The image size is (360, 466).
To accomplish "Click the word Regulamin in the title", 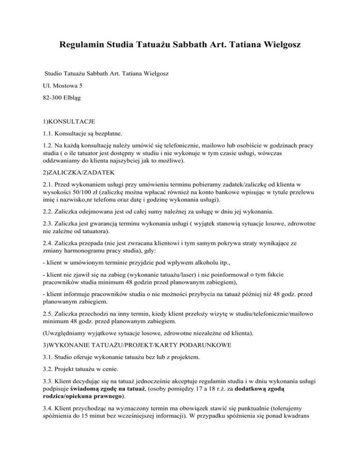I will pyautogui.click(x=83, y=46).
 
